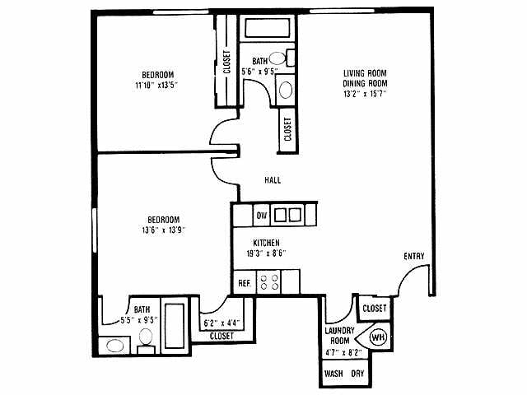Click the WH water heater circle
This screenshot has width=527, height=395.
tap(377, 337)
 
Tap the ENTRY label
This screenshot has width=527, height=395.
tap(414, 256)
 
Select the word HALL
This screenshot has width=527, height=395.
tap(273, 180)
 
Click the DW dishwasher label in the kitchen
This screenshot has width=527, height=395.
tap(262, 216)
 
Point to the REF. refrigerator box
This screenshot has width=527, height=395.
tap(245, 283)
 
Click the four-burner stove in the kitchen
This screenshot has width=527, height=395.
tap(268, 282)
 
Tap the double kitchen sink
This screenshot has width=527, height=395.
tap(288, 215)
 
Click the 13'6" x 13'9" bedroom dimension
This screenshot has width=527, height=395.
tap(163, 230)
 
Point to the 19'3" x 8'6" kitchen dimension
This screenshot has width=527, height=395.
tap(266, 253)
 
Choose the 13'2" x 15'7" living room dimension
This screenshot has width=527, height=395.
tap(365, 94)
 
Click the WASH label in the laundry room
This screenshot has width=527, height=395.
tap(333, 374)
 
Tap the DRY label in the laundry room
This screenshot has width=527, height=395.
tap(357, 374)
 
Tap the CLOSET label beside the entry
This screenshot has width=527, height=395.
tap(375, 309)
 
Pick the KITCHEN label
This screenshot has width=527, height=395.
tap(266, 243)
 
